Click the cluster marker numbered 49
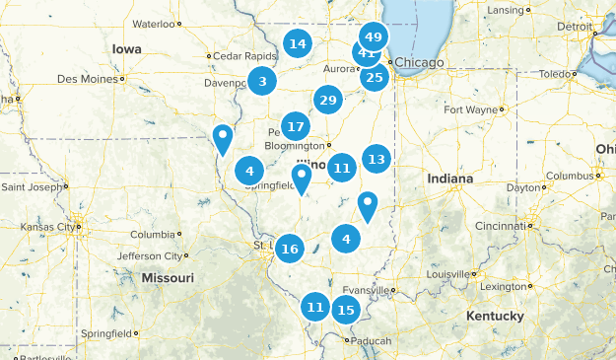(x=374, y=36)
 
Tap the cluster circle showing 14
(x=297, y=43)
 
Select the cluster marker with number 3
(x=262, y=82)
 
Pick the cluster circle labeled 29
(x=328, y=100)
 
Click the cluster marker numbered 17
(x=296, y=126)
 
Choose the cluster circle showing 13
(x=376, y=158)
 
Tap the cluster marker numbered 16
(x=289, y=249)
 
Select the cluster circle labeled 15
(x=346, y=310)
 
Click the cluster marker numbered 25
(x=374, y=77)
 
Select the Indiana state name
(x=449, y=179)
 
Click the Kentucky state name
(x=495, y=316)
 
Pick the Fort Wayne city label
(x=471, y=109)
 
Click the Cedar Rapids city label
(x=240, y=55)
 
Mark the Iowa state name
(x=126, y=48)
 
